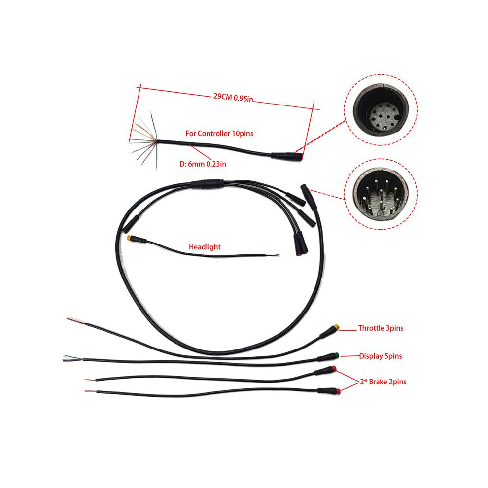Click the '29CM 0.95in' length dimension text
[233, 97]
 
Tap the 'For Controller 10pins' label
[219, 134]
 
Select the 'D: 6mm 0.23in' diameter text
[203, 164]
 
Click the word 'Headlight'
[205, 247]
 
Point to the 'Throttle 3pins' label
[381, 328]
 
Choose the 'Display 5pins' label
[381, 356]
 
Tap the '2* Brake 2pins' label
[383, 382]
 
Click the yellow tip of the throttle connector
[336, 328]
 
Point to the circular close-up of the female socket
[381, 110]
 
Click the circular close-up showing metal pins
[381, 194]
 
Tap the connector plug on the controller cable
[286, 156]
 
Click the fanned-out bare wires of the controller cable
[144, 140]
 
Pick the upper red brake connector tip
[334, 369]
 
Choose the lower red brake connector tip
[338, 391]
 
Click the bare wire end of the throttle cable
[76, 321]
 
